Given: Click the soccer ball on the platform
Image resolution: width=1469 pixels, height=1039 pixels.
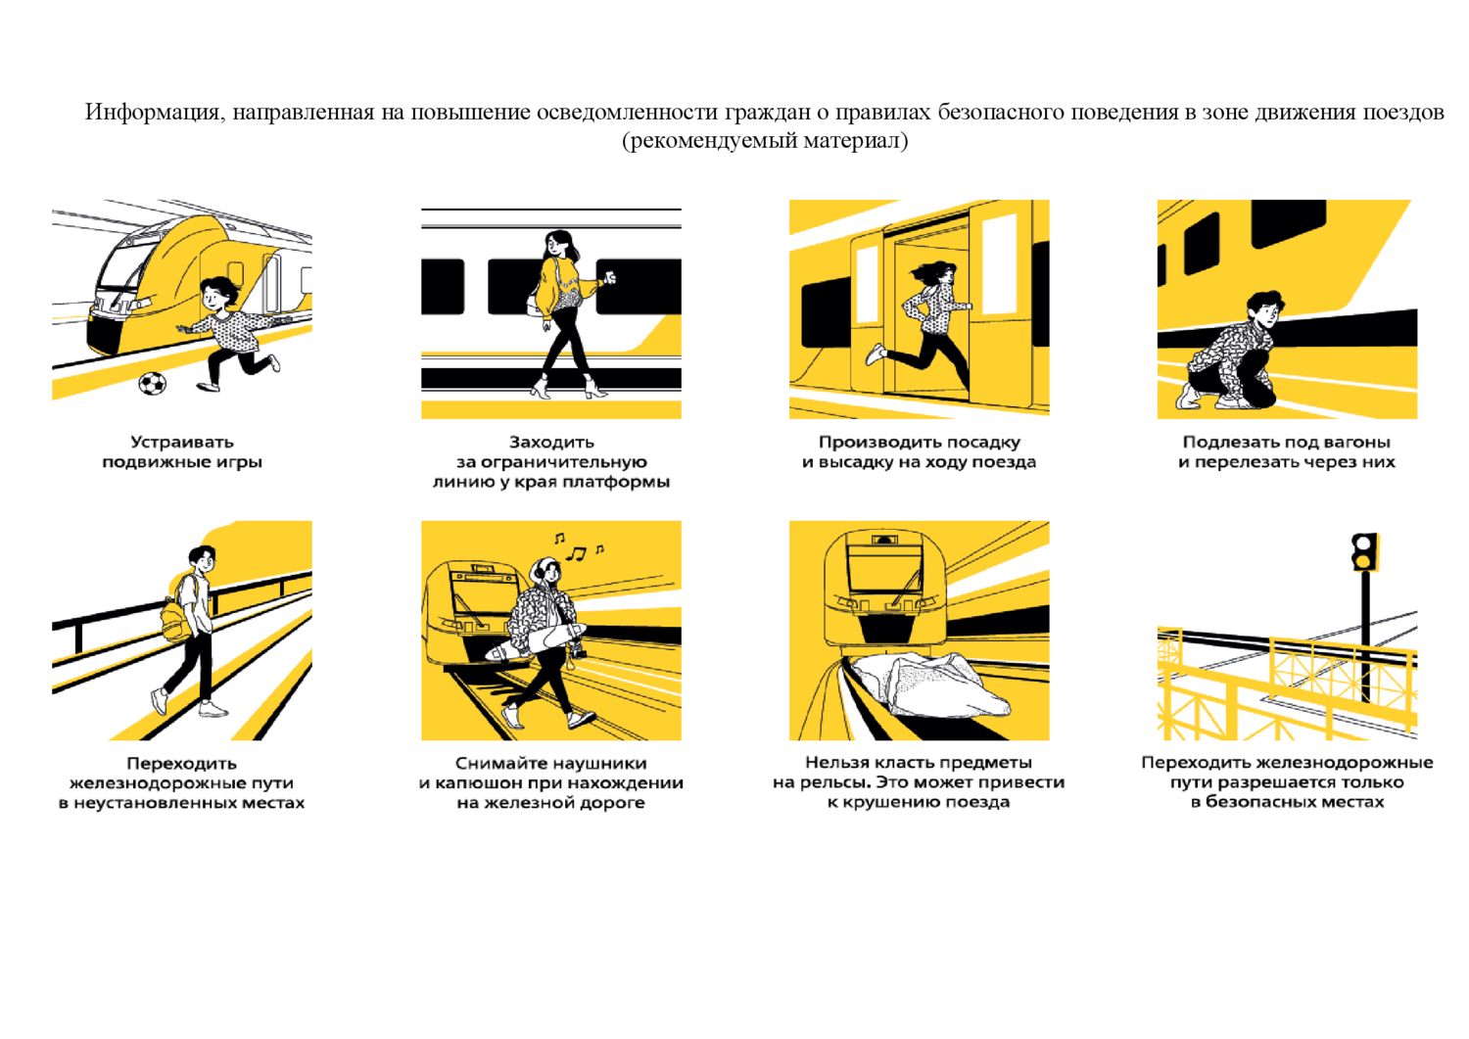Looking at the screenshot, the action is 152,384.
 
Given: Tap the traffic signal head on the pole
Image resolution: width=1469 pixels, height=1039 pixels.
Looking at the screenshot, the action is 1365,551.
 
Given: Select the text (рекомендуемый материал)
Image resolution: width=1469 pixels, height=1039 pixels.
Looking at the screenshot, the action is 765,140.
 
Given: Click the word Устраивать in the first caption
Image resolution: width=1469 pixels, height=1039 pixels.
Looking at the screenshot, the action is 181,442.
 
